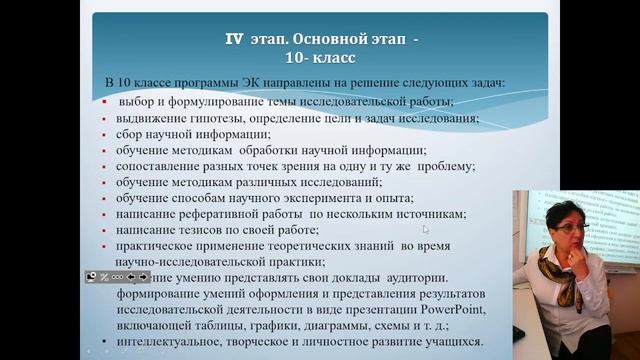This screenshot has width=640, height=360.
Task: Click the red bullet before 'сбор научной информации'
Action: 106,134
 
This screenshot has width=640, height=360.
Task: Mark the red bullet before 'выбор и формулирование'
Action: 106,102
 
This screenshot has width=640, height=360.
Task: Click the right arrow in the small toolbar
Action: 143,277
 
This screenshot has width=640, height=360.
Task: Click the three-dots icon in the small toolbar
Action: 117,277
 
